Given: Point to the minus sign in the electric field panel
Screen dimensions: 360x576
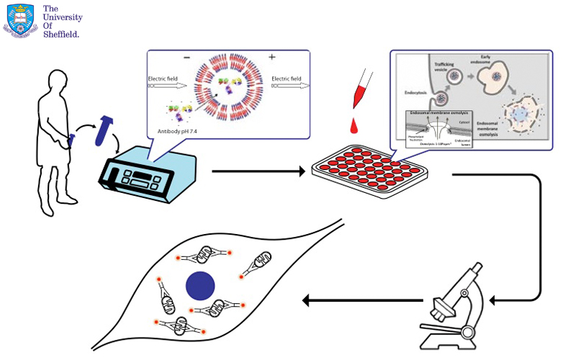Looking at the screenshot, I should tap(187, 57).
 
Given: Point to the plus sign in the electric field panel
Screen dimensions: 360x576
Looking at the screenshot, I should tap(271, 57).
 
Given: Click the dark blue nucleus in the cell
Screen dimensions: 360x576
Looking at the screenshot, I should tap(200, 285).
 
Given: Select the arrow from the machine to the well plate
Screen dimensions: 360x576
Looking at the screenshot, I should tap(259, 172).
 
